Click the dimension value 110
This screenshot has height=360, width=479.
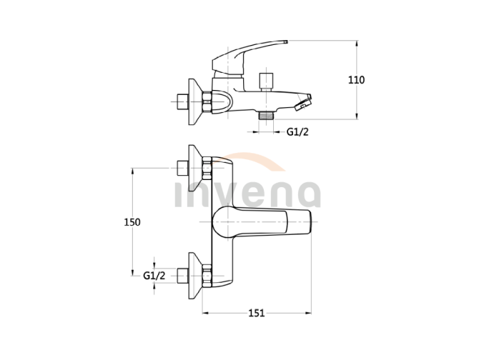coord(356,80)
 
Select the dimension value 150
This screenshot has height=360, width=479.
coord(132,222)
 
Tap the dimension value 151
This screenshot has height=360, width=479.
coord(257,313)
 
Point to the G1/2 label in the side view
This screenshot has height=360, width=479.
coord(297,131)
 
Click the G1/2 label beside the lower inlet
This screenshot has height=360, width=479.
coord(154,275)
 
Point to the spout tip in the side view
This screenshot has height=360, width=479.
coord(306,103)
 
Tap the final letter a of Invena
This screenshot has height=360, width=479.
coord(307,195)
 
